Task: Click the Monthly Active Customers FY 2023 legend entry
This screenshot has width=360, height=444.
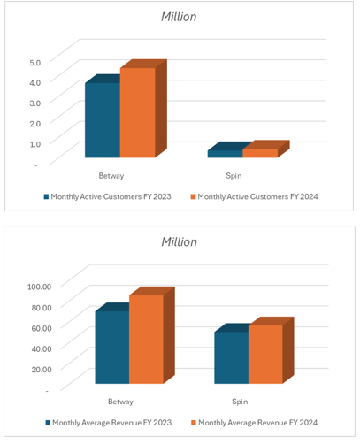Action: click(108, 196)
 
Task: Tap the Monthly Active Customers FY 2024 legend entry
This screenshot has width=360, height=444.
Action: click(255, 196)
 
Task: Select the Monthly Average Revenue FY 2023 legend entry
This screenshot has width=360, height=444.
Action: click(109, 423)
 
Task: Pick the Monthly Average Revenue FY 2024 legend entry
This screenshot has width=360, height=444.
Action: click(255, 423)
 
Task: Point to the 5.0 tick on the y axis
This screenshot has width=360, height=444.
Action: click(34, 63)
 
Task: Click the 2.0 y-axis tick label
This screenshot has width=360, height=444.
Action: click(34, 123)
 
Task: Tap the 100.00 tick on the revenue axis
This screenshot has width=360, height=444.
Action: click(39, 287)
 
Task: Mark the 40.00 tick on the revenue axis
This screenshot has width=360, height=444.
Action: click(42, 348)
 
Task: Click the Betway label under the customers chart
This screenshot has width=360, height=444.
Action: click(111, 176)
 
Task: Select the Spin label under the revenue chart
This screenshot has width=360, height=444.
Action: click(240, 402)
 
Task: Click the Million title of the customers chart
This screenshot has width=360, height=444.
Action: click(179, 17)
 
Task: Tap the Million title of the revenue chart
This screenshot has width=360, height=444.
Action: click(179, 241)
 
